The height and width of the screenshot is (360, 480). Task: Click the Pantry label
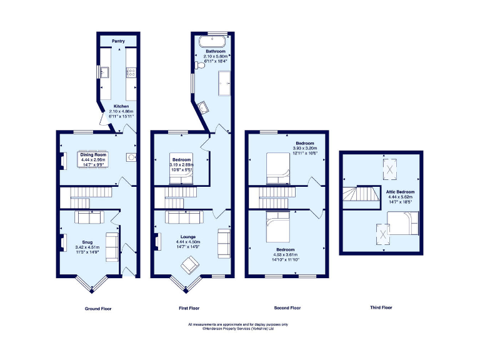click(118, 41)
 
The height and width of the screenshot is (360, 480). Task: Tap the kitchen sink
click(104, 73)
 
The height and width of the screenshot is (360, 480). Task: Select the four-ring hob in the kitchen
click(132, 73)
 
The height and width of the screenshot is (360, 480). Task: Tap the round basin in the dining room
click(131, 156)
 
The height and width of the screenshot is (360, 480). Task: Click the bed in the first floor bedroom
click(181, 177)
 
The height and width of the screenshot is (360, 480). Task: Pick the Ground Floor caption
click(97, 308)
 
